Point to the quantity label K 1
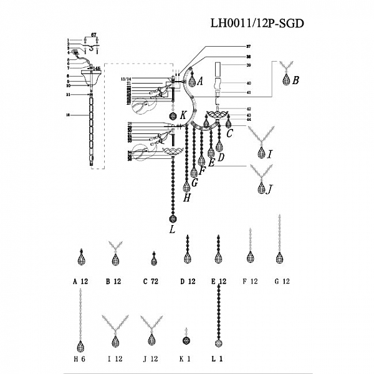point(185,359)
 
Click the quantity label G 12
point(282,282)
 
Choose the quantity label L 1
point(218,359)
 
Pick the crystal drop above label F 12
point(250,257)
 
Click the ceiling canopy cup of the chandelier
point(92,78)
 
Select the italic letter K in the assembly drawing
point(183,116)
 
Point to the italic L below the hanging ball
point(172,231)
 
